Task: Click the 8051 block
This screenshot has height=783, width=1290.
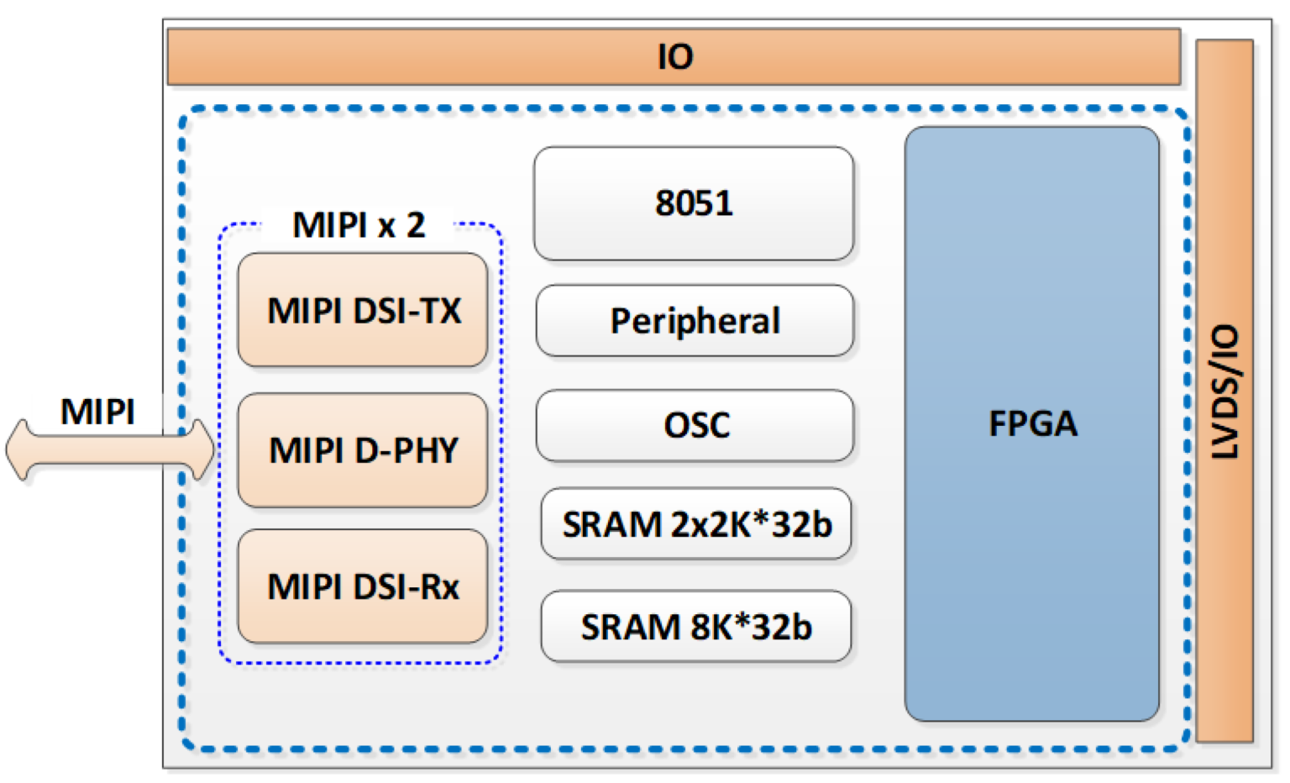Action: click(x=694, y=203)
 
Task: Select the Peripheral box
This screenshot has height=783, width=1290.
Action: click(x=695, y=320)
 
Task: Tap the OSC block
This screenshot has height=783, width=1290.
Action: click(x=695, y=425)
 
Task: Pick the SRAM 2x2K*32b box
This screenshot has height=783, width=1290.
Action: click(x=695, y=523)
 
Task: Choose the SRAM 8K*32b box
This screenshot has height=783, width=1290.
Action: click(x=695, y=626)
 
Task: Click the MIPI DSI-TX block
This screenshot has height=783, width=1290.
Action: click(x=363, y=310)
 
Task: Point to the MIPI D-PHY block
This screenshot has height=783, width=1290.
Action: click(x=363, y=450)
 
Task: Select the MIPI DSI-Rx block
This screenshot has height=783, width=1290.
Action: click(x=363, y=586)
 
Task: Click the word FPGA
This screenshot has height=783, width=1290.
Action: click(x=1032, y=423)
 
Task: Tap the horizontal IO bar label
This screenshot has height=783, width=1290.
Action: click(x=675, y=56)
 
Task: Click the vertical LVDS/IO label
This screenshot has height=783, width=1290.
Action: click(x=1225, y=391)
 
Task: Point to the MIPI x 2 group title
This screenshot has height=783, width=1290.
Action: click(x=359, y=224)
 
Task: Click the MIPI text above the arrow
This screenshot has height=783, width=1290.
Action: click(x=97, y=412)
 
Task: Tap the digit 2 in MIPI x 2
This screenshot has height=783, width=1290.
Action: click(x=415, y=224)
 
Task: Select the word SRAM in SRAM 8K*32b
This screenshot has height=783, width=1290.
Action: click(x=630, y=627)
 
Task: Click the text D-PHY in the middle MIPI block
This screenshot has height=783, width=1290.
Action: click(x=406, y=450)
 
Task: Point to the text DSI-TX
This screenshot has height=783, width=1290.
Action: click(x=407, y=311)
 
